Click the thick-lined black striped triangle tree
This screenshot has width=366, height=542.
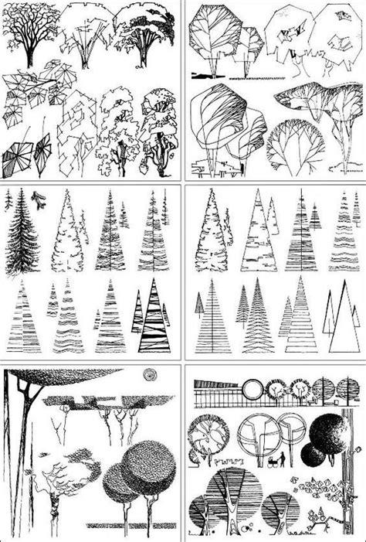coord(154,317)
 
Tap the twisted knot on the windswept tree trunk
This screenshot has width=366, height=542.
coord(53,511)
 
